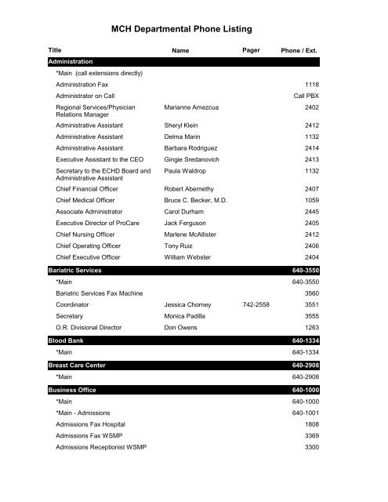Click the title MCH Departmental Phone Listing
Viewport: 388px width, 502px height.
pos(194,29)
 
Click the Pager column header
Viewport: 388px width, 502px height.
pos(252,50)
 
